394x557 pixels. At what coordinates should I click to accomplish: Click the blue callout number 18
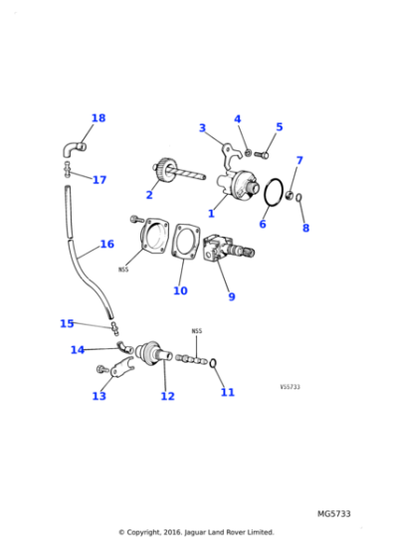[98, 118]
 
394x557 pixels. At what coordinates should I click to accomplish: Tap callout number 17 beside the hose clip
[98, 180]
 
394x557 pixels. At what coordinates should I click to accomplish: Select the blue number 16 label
[106, 244]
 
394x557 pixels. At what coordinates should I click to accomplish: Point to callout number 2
[149, 195]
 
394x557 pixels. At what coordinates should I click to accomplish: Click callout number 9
[231, 296]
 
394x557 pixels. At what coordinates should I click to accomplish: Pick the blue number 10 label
[179, 291]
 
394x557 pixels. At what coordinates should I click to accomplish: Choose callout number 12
[167, 396]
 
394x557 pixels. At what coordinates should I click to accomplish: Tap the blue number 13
[98, 396]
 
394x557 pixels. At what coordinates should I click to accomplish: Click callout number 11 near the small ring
[227, 392]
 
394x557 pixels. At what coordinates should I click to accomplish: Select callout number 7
[298, 160]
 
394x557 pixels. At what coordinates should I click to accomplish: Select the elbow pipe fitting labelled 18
[74, 149]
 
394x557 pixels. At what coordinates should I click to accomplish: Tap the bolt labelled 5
[263, 154]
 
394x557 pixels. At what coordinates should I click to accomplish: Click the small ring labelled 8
[300, 197]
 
